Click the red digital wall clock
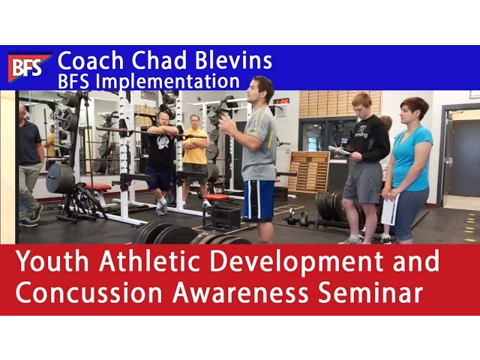[281, 101]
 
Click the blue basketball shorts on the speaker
[259, 201]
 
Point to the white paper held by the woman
[390, 209]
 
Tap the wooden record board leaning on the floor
[307, 172]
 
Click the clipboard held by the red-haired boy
[339, 150]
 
